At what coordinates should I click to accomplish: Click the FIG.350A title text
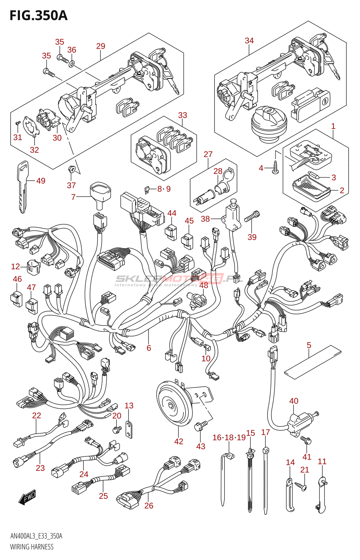click(x=39, y=15)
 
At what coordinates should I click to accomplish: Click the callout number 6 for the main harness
click(x=149, y=348)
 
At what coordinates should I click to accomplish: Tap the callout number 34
click(x=249, y=41)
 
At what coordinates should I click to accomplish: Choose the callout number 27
click(x=208, y=154)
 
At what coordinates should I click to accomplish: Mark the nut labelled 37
click(x=72, y=170)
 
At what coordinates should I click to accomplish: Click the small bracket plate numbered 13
click(x=129, y=430)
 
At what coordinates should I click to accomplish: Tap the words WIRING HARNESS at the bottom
click(x=32, y=547)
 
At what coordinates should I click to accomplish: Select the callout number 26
click(x=149, y=505)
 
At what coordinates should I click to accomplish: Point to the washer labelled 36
click(x=72, y=64)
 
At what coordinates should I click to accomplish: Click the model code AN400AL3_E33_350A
click(x=36, y=536)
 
